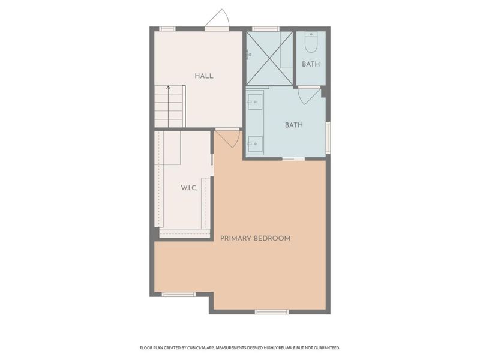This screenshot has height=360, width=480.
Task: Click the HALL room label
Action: coord(204,76)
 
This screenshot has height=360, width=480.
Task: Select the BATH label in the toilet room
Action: coord(310,64)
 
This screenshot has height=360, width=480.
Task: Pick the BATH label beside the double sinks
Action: coord(293,125)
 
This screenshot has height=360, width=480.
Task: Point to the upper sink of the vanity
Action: coord(254,103)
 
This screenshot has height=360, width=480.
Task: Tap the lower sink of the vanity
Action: coord(254,143)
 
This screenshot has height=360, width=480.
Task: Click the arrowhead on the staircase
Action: coord(169,88)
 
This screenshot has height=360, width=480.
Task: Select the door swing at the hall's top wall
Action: coord(216,20)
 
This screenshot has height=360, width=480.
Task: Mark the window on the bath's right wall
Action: coord(328,137)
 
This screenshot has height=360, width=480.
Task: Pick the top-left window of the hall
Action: coord(167,28)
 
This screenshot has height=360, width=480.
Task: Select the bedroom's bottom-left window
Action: coord(179,294)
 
